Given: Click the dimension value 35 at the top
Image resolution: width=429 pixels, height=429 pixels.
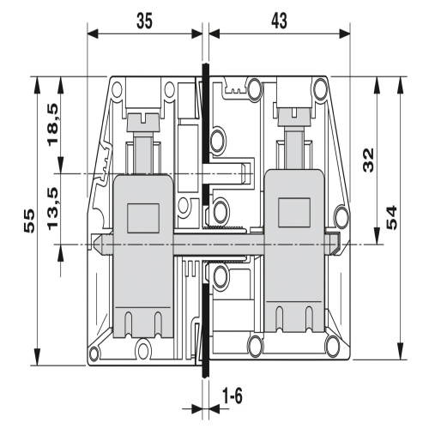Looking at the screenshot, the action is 145,21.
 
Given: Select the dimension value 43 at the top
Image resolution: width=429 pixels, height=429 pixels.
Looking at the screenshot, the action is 279,21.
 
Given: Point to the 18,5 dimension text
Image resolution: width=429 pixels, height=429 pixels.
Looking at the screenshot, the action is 53,124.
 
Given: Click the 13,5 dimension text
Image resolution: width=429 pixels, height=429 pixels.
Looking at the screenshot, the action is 53,208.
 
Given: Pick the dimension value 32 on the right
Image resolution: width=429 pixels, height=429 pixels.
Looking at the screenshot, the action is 368,160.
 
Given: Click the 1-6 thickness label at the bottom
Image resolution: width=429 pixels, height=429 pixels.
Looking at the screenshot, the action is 233,396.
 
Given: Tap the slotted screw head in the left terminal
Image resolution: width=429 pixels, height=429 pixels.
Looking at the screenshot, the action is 143,123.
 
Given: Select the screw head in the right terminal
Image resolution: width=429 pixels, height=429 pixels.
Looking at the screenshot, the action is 293,117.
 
